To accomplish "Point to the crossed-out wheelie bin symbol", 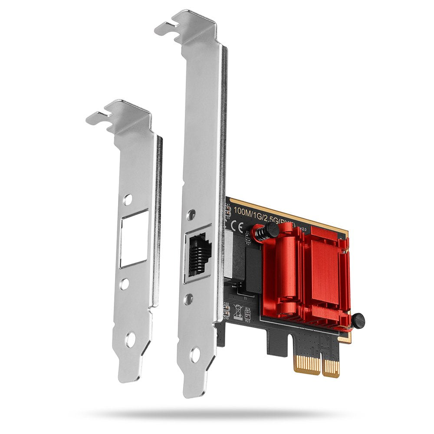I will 238,311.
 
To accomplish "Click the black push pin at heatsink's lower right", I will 357,321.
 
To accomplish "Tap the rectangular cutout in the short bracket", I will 134,238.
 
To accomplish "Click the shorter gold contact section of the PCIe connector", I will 307,362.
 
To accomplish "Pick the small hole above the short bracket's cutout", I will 127,200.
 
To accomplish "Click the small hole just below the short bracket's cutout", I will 125,284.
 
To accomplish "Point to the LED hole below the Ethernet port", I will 189,299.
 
